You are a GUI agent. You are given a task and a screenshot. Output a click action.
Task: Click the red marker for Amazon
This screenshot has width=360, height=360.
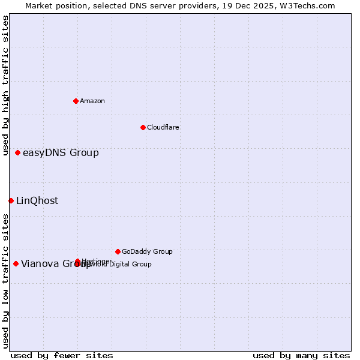(76, 101)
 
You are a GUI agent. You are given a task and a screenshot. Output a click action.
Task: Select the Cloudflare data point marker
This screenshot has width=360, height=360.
(143, 127)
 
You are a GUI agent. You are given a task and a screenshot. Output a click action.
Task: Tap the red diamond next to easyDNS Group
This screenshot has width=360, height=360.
(18, 152)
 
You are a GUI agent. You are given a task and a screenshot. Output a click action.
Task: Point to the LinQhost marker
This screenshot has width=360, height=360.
(11, 200)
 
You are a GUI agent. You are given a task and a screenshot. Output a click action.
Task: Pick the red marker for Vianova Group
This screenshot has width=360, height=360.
(16, 263)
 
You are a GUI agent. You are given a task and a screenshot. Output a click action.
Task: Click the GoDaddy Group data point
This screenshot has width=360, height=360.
(118, 251)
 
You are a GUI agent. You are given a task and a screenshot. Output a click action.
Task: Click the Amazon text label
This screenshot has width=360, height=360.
(92, 101)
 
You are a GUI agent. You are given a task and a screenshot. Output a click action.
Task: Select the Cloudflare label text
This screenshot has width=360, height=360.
(163, 127)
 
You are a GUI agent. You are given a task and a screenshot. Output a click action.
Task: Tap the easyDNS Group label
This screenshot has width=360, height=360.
(61, 152)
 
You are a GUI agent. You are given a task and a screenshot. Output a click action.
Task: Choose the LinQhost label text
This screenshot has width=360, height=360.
(37, 200)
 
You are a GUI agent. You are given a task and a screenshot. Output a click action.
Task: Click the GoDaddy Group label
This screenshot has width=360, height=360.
(147, 251)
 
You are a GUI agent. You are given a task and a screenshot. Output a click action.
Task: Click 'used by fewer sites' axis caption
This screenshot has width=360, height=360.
(62, 355)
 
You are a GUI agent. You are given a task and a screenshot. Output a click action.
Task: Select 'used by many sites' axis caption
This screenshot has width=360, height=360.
(301, 355)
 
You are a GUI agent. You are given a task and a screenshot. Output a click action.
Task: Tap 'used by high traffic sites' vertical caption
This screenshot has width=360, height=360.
(6, 85)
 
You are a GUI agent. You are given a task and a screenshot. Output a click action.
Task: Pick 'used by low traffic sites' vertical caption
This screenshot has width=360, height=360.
(6, 281)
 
